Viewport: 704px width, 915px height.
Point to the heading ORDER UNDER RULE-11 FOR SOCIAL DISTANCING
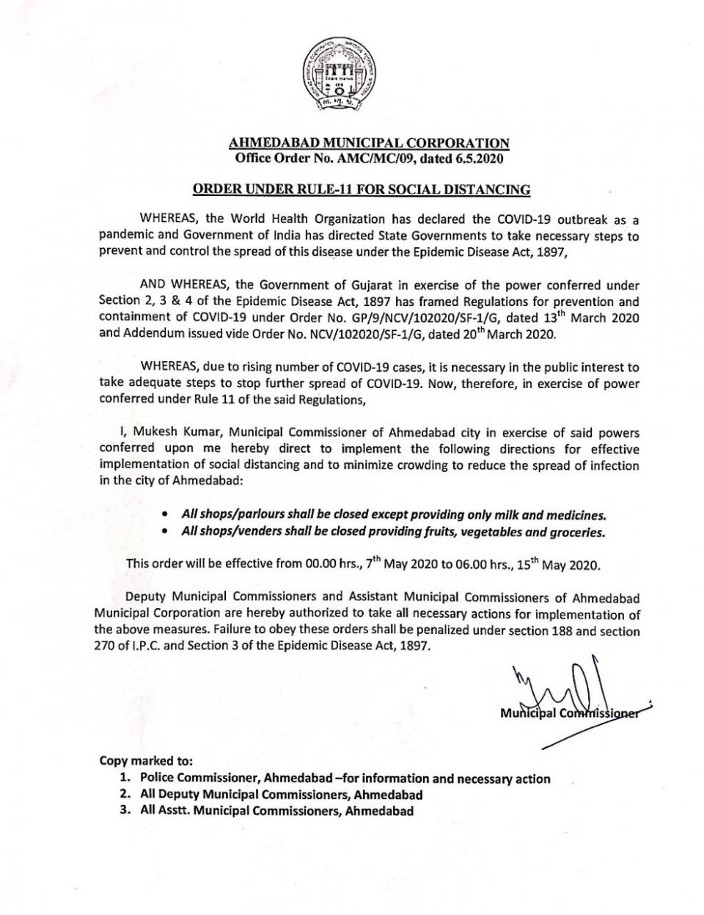tap(361, 190)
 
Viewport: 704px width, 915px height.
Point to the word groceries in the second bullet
tap(577, 533)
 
